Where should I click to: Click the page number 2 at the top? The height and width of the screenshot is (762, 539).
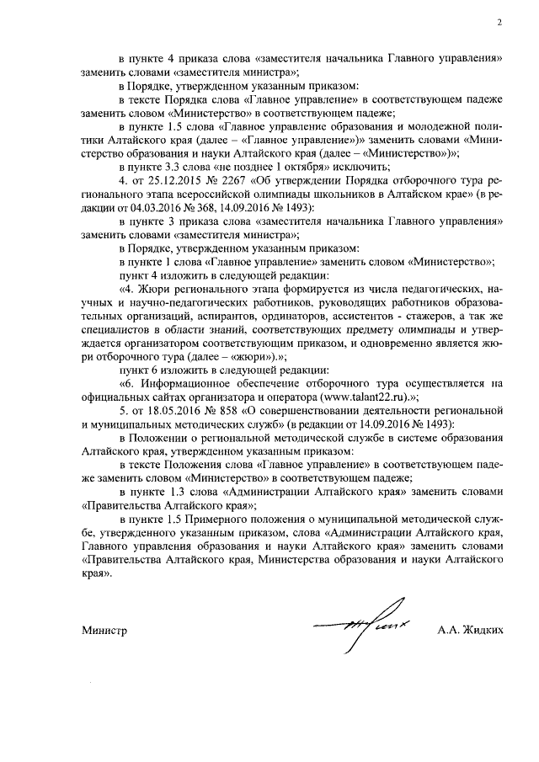click(499, 24)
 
